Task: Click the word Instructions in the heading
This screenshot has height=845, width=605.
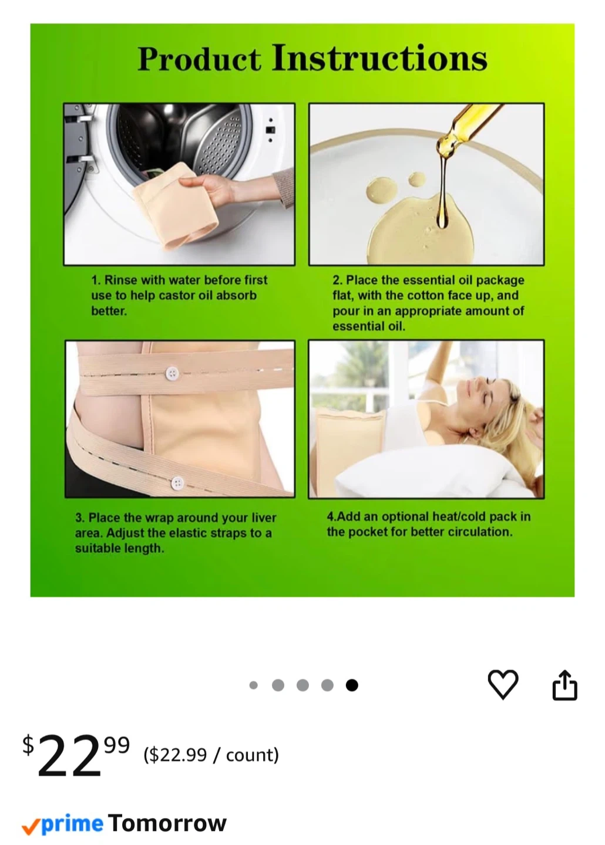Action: (379, 58)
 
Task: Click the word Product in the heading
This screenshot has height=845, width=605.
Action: (199, 59)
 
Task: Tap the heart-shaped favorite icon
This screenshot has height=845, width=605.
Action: (503, 684)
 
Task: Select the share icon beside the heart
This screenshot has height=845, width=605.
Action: (564, 685)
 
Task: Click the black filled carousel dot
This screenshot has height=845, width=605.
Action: (352, 685)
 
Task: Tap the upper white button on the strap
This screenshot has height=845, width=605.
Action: (172, 373)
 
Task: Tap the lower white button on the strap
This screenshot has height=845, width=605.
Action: (177, 483)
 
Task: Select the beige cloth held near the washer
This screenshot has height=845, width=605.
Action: (174, 211)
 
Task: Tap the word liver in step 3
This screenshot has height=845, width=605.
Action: (264, 518)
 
